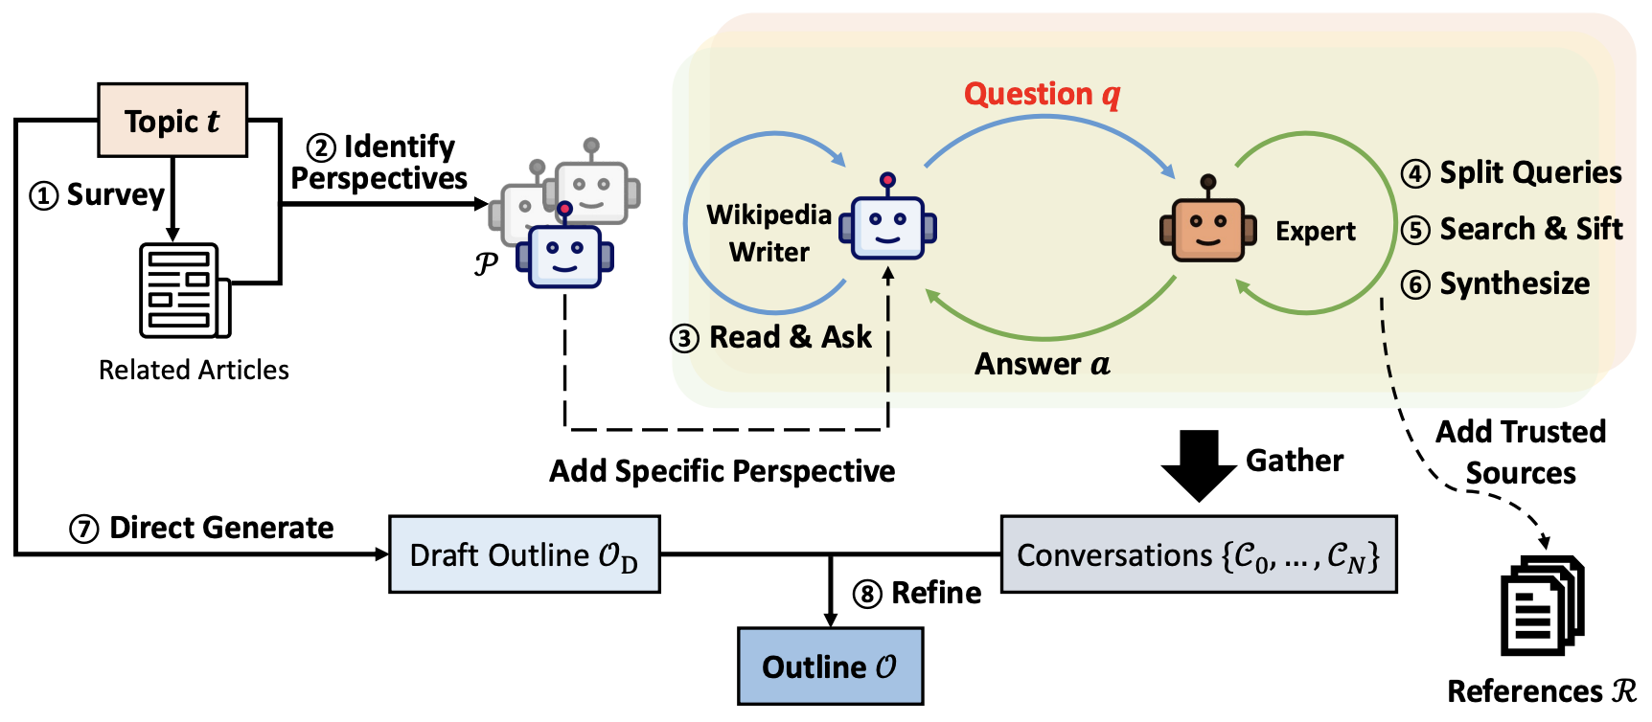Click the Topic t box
tap(172, 121)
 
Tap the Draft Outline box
tap(524, 555)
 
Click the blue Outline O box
tap(830, 666)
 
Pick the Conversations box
tap(1198, 555)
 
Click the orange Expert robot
tap(1207, 226)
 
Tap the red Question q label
tap(1042, 94)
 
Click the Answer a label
tap(1042, 364)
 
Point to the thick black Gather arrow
tap(1198, 464)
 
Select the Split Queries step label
tap(1512, 172)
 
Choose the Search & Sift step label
tap(1512, 229)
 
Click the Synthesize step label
tap(1496, 283)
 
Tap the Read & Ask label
tap(771, 337)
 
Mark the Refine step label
tap(917, 593)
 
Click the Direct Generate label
tap(202, 528)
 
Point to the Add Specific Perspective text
tap(722, 471)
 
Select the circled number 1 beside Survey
tap(43, 195)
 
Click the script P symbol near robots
tap(486, 263)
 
